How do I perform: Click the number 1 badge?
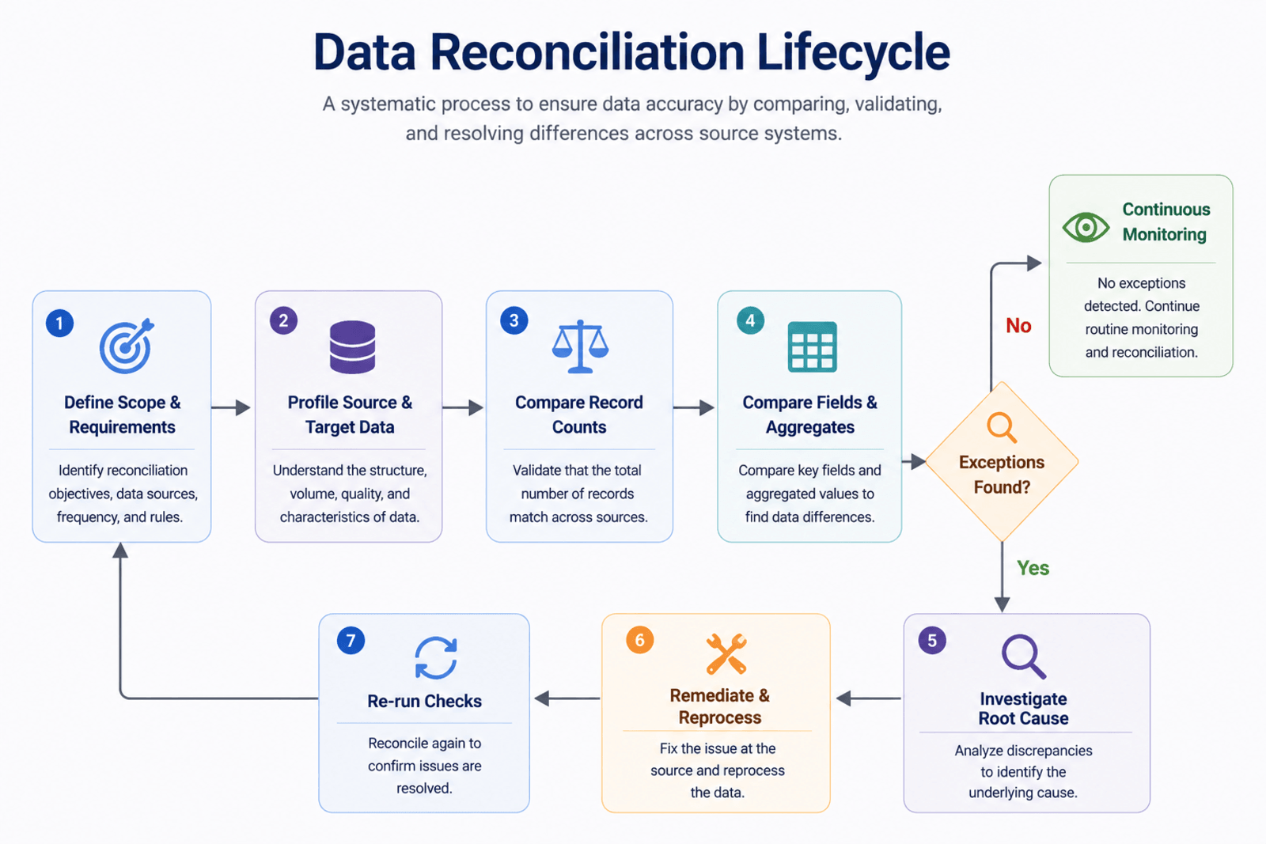59,324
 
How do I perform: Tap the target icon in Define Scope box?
126,346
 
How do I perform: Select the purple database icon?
352,347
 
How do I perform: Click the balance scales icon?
581,346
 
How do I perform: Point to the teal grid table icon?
812,346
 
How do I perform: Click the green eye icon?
1086,227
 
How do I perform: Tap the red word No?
1018,325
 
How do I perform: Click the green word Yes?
1033,568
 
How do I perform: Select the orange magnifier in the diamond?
1002,428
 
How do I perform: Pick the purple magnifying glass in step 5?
1023,657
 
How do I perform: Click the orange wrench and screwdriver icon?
726,654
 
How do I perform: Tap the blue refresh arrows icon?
436,657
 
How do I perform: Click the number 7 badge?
351,640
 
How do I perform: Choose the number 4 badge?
750,320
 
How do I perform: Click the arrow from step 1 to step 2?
231,407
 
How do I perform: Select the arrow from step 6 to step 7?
567,698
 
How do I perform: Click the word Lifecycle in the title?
854,52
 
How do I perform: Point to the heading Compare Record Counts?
579,414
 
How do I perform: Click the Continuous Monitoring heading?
1166,221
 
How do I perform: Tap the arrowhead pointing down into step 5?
1002,604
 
